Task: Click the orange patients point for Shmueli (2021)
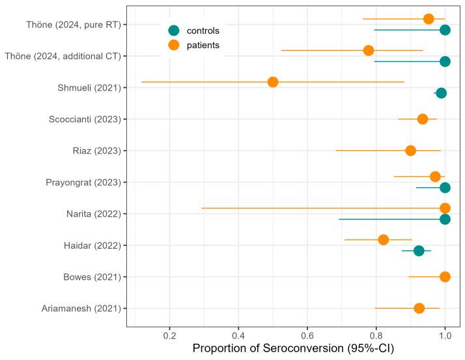[273, 82]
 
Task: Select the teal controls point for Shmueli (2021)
[441, 93]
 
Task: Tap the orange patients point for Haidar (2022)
[384, 240]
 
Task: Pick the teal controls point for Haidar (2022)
[419, 251]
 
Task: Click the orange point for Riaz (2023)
[410, 150]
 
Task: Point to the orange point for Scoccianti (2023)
[423, 119]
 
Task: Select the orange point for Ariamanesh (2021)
[419, 308]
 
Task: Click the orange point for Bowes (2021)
[445, 277]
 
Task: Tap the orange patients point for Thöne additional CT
[369, 51]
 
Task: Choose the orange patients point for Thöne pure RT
[429, 19]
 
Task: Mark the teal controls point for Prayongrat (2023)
[445, 187]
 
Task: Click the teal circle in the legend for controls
[173, 31]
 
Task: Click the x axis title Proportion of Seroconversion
[293, 349]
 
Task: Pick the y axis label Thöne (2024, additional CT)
[63, 56]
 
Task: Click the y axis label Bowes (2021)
[94, 277]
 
